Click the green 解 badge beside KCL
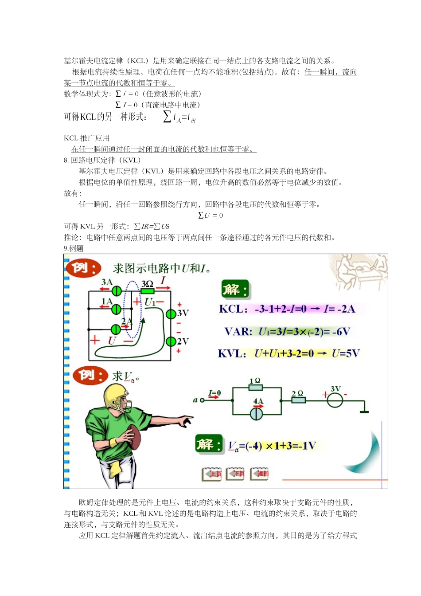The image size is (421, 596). coord(234,290)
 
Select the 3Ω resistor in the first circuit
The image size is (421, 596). coord(147,291)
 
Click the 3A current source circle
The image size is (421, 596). coord(117,291)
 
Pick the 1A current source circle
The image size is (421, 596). coord(116,309)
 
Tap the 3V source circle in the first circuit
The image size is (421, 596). coord(171,314)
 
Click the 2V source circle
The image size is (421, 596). coord(171,341)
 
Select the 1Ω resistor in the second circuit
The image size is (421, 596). coord(256,388)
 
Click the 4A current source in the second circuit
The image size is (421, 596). coord(257,414)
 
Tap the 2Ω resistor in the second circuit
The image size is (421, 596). coord(298,400)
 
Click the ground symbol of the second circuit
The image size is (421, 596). coord(364,411)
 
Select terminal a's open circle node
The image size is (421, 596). coord(203,400)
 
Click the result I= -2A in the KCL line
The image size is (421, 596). coord(339,309)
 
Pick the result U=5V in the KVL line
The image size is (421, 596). coord(346,353)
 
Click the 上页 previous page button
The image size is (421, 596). coord(212,474)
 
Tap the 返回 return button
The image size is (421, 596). coord(260,474)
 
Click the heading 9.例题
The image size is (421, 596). coord(74,248)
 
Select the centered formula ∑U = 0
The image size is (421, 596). coord(210,215)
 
